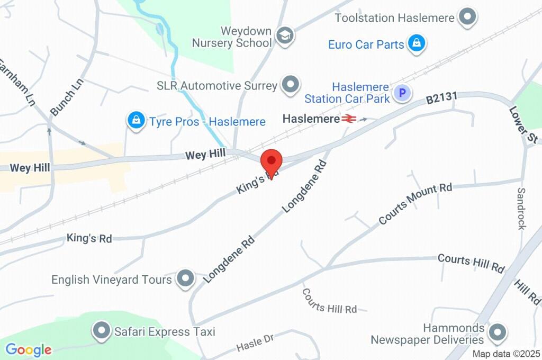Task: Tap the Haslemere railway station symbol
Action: pyautogui.click(x=348, y=119)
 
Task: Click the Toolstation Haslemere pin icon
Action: pyautogui.click(x=467, y=17)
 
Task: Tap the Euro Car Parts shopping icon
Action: pyautogui.click(x=417, y=44)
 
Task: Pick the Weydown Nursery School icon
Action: pyautogui.click(x=286, y=35)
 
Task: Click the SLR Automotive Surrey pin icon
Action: pyautogui.click(x=290, y=85)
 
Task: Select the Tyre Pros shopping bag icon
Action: pyautogui.click(x=137, y=121)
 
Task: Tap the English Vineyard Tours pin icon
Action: pyautogui.click(x=185, y=279)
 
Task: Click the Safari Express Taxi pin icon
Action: pyautogui.click(x=101, y=332)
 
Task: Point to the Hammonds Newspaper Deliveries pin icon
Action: pyautogui.click(x=496, y=333)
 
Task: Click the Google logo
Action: pyautogui.click(x=29, y=349)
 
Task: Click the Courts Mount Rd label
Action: pyautogui.click(x=415, y=204)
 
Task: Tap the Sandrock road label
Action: pyautogui.click(x=521, y=208)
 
